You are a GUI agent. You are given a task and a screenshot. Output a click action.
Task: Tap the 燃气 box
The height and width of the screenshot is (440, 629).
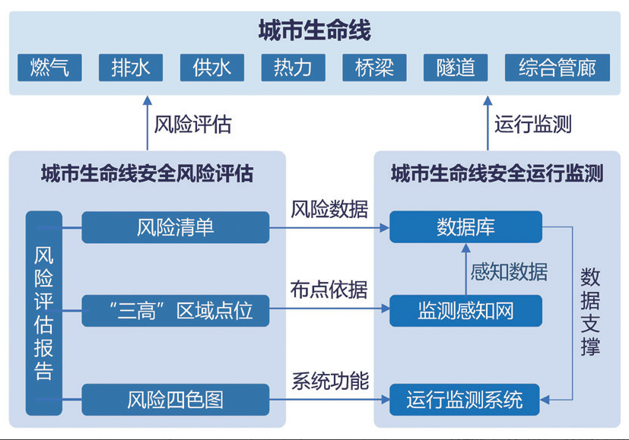pos(49,67)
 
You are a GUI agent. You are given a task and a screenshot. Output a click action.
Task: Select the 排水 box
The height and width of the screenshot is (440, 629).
pos(131,67)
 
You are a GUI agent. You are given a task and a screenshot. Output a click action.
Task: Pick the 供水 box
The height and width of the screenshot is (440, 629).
pos(212,67)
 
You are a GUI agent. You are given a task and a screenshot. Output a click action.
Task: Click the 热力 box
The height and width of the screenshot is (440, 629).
pos(293,67)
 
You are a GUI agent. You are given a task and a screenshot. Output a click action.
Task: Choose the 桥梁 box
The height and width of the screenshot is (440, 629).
pos(374,67)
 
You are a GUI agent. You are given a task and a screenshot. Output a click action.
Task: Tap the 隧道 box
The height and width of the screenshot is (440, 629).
pos(456,67)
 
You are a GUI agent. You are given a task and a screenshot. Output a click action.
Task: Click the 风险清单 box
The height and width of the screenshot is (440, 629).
pos(176,227)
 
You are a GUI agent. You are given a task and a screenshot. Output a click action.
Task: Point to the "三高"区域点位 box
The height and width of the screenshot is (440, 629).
pos(176,310)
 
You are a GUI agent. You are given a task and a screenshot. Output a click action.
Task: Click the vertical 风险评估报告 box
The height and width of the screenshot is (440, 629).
pos(43,313)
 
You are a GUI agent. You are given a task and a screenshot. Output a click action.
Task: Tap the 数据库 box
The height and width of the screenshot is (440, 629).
pos(465,227)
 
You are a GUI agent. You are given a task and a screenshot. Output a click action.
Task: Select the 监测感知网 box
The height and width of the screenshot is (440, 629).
pos(465,310)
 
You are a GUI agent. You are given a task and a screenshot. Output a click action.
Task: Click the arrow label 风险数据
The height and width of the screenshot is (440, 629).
pos(329,209)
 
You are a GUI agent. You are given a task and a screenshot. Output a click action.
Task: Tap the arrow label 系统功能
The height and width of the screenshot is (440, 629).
pos(329,381)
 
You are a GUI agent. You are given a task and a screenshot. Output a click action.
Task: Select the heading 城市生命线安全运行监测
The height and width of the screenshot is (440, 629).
pos(497,174)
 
